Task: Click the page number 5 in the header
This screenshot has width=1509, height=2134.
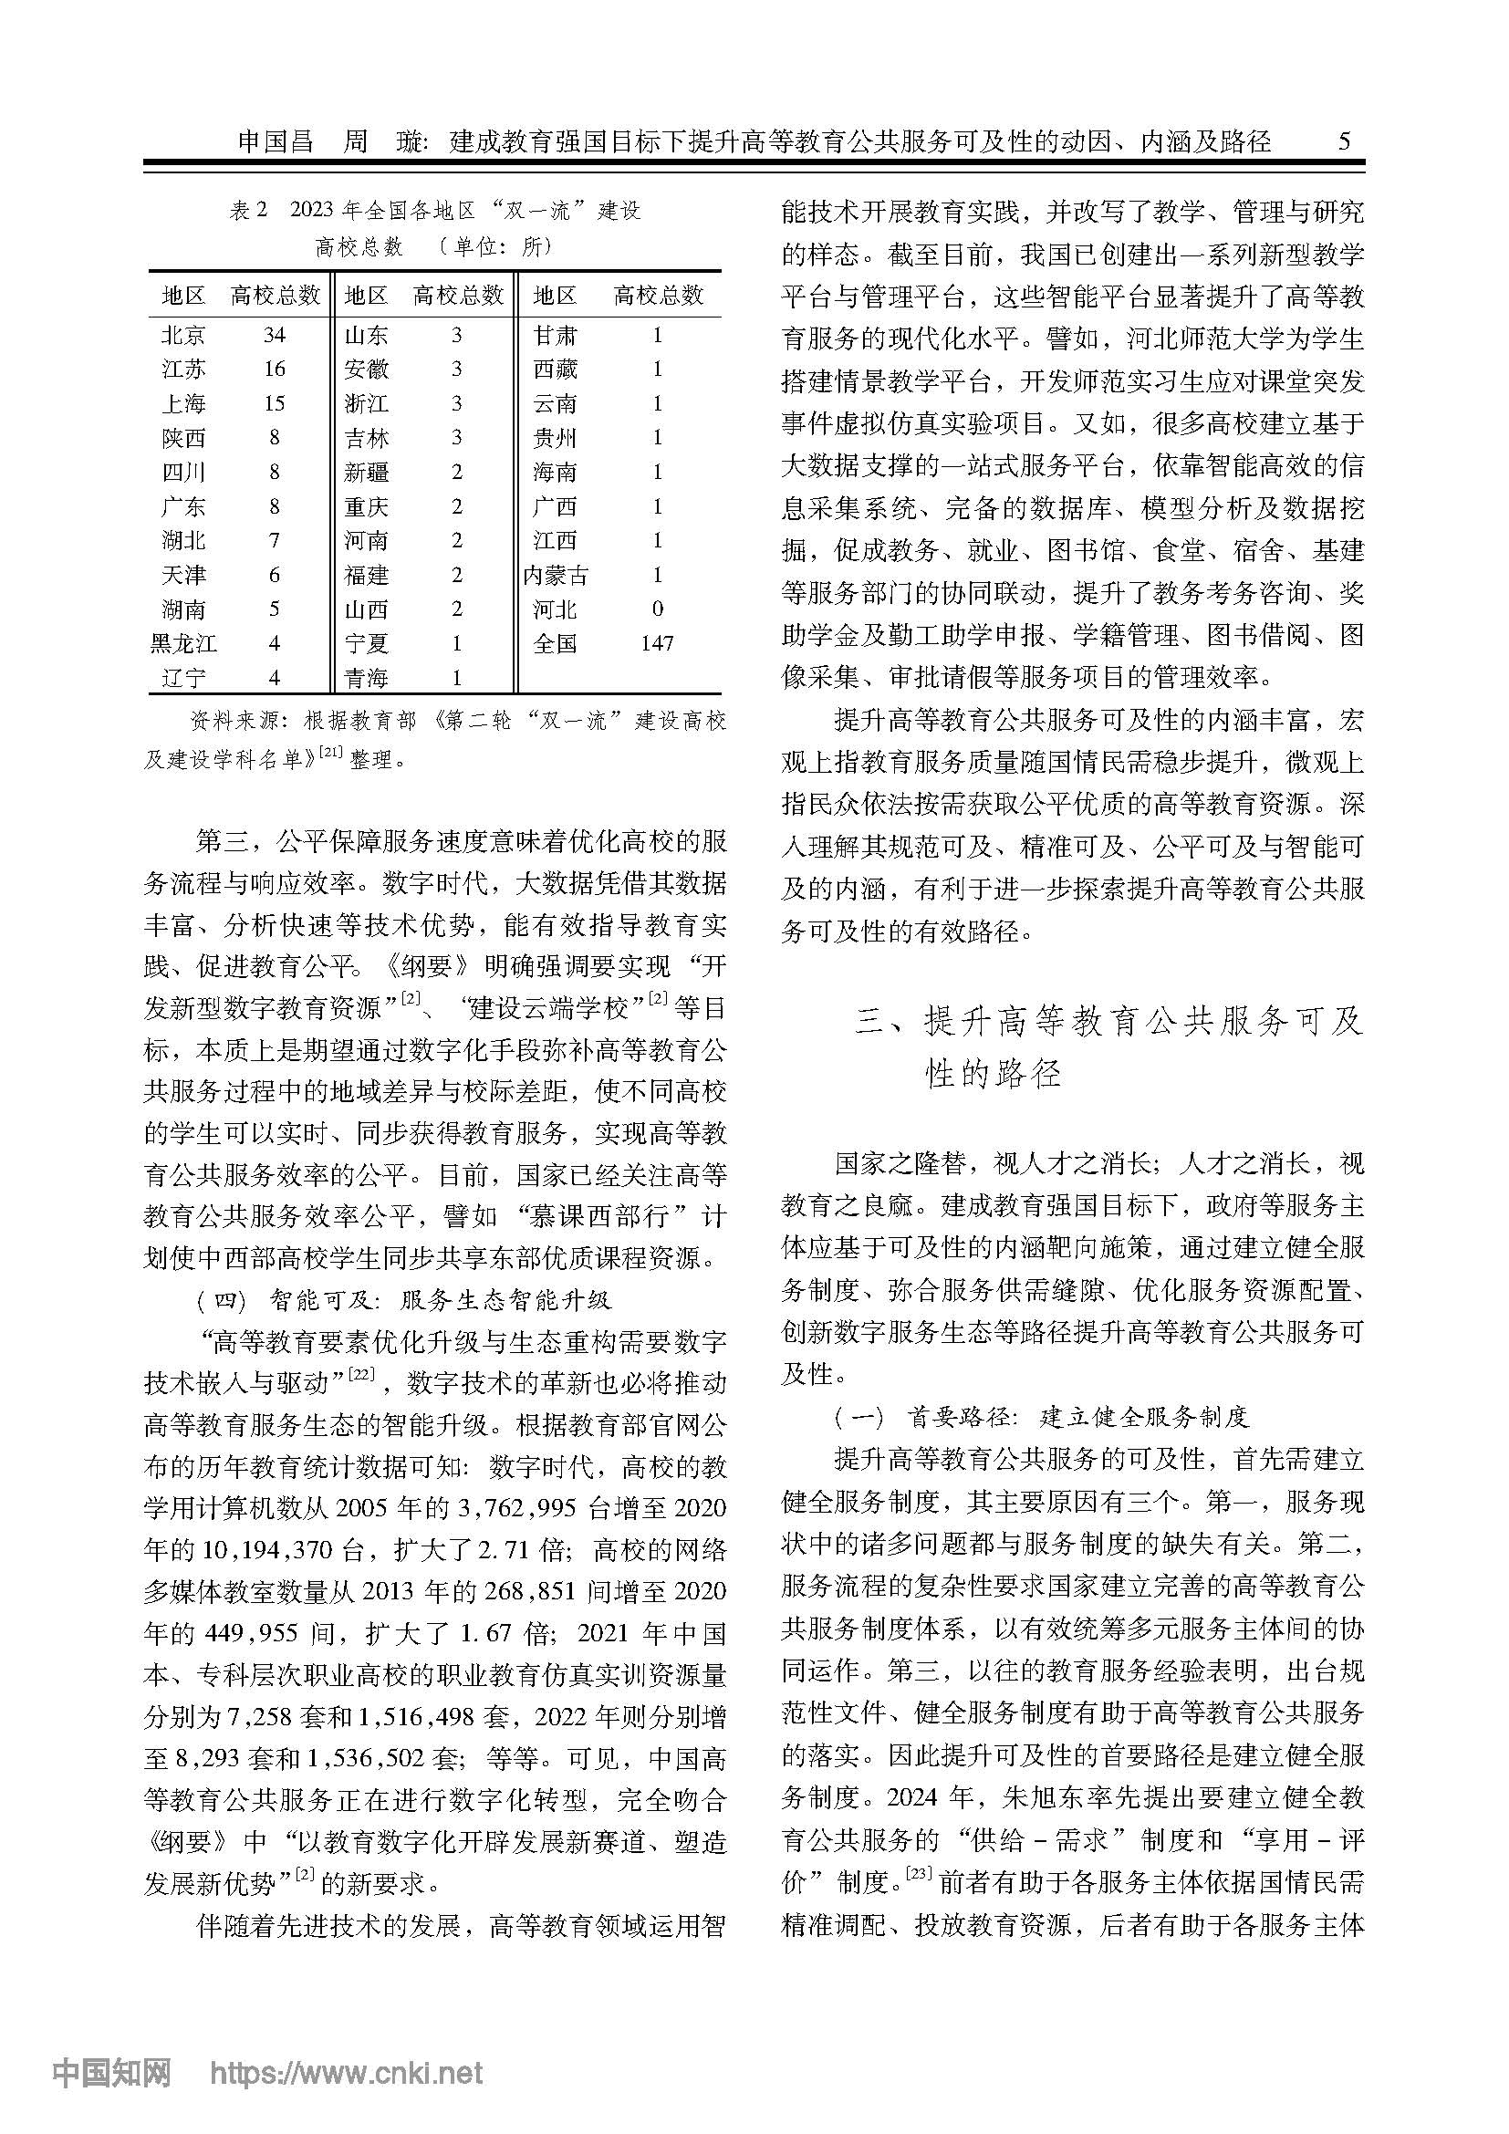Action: [x=1344, y=141]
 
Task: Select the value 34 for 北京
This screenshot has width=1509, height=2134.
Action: [x=274, y=335]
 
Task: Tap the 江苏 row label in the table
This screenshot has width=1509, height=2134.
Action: [x=183, y=369]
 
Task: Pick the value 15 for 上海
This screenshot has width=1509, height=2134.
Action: [x=274, y=403]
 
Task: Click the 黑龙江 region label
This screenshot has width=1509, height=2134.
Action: [x=183, y=643]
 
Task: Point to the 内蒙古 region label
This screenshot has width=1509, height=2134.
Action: [x=556, y=576]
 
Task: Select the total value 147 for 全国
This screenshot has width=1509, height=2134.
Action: [x=657, y=643]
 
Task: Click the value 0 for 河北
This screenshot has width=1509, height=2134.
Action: [x=657, y=609]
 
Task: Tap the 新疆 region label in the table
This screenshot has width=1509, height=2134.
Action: [x=366, y=473]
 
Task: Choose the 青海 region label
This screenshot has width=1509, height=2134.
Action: [x=366, y=678]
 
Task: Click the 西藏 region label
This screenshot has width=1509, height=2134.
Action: [x=556, y=369]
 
